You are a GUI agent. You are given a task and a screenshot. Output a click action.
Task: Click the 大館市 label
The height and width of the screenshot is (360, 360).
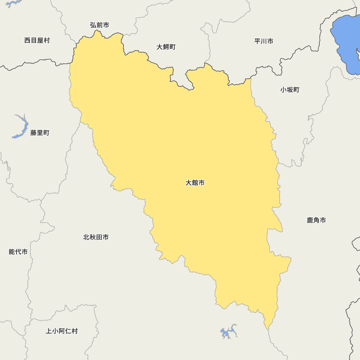tap(195, 183)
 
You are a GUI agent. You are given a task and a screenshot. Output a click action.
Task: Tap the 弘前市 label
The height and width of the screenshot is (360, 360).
tap(99, 25)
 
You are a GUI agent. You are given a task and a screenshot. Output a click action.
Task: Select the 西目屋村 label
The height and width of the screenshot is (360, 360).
tap(37, 40)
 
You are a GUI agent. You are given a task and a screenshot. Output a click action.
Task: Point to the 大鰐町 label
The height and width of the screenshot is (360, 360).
tap(166, 47)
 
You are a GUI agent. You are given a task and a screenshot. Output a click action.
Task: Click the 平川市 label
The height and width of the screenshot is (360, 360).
tap(264, 41)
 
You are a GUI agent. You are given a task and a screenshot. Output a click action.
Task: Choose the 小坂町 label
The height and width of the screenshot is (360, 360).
tap(290, 90)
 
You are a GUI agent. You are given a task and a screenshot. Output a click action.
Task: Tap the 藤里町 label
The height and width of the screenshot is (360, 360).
tap(40, 133)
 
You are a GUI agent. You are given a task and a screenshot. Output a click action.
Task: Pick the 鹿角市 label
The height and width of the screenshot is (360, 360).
tap(316, 220)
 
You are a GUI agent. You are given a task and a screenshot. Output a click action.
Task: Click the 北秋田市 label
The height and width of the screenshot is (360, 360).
tap(96, 237)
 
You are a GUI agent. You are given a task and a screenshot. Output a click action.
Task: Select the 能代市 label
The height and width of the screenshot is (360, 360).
tap(18, 252)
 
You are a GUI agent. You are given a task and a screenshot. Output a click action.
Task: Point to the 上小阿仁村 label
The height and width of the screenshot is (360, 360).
tap(62, 331)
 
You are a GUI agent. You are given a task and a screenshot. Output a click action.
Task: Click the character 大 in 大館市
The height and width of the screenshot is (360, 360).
tap(189, 183)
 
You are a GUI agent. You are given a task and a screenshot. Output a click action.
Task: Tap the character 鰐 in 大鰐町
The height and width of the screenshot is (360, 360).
tap(166, 47)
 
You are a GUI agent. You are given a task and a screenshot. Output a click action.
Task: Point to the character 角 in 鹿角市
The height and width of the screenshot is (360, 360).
tap(316, 220)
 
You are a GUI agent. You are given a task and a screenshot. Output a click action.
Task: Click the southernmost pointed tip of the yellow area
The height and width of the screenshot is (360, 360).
tap(267, 329)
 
